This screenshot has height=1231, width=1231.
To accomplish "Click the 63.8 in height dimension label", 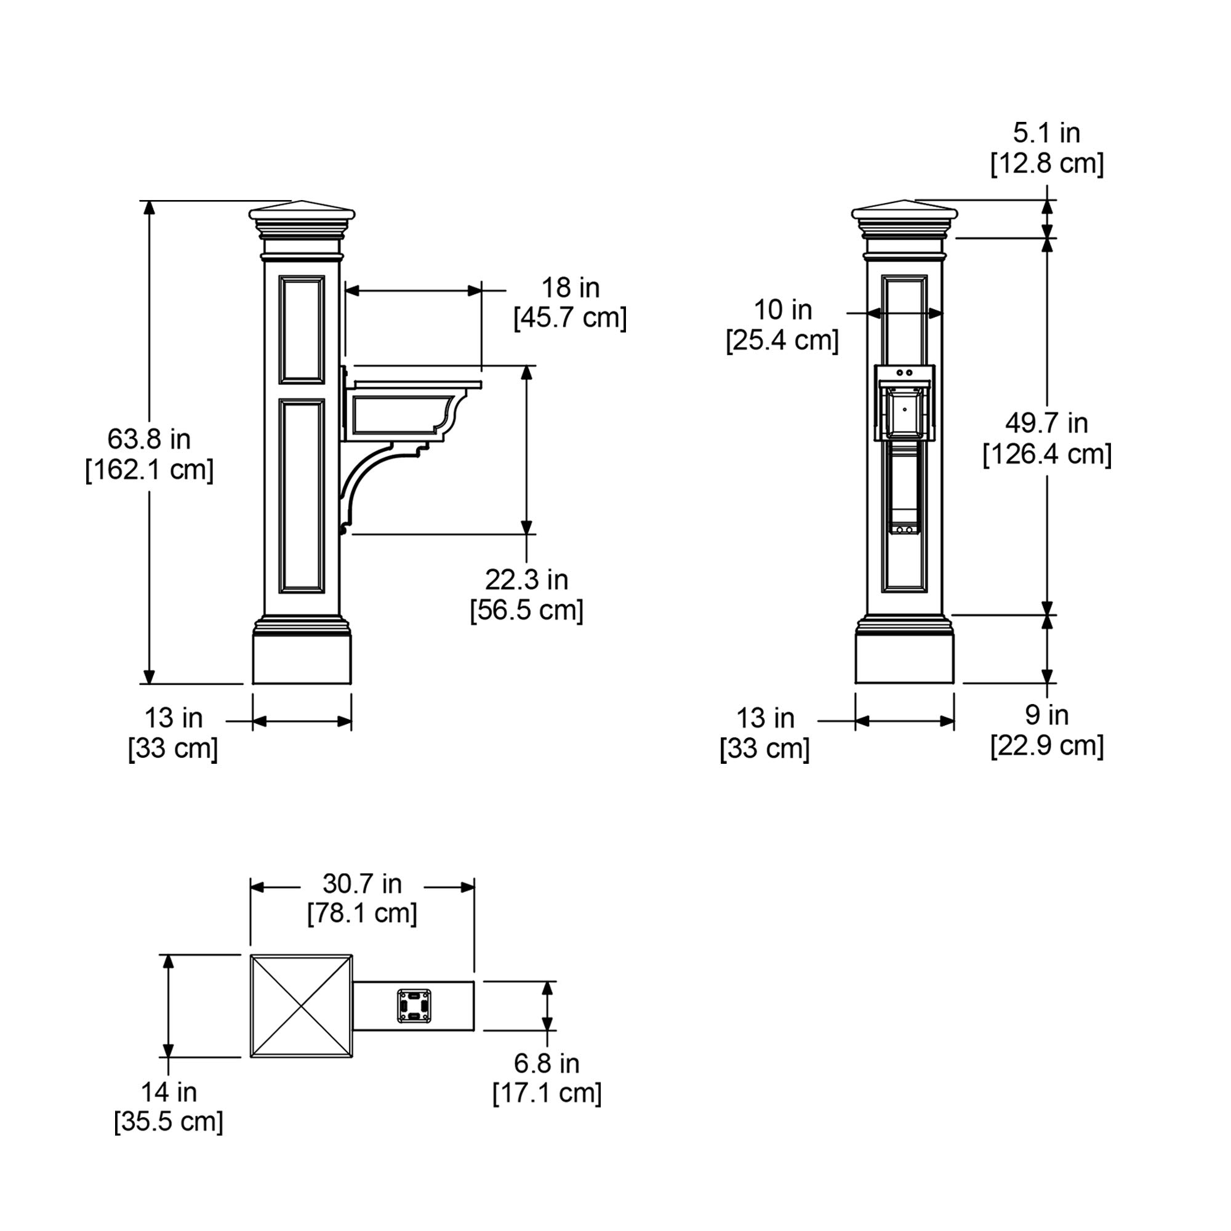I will (149, 439).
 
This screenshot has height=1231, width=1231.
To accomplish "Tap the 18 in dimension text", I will (571, 288).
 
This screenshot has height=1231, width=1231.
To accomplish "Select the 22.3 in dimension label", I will (526, 580).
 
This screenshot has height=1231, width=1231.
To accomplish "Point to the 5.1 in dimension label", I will (1047, 133).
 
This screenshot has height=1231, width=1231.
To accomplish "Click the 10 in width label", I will (783, 310).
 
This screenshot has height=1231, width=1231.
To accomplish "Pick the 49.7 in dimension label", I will (1047, 423).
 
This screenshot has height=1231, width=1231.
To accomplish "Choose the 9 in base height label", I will (1047, 715).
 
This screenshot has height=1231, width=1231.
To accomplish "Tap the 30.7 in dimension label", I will (362, 884).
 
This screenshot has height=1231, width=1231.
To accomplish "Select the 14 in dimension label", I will (169, 1092).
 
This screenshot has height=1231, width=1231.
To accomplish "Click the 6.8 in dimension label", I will (547, 1064).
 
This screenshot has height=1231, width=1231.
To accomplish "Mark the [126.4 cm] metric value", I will (1047, 455).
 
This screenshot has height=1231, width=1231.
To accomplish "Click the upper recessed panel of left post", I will (302, 329).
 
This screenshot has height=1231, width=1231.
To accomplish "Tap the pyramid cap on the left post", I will (302, 211).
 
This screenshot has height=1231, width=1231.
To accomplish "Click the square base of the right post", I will (905, 658).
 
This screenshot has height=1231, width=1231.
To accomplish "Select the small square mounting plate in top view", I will (415, 1006).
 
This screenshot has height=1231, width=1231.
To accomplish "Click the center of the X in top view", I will (302, 1006).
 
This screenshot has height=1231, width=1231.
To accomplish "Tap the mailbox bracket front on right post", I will (905, 403).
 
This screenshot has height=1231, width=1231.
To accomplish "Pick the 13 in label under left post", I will (174, 718).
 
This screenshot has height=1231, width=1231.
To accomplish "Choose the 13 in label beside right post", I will (765, 718).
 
